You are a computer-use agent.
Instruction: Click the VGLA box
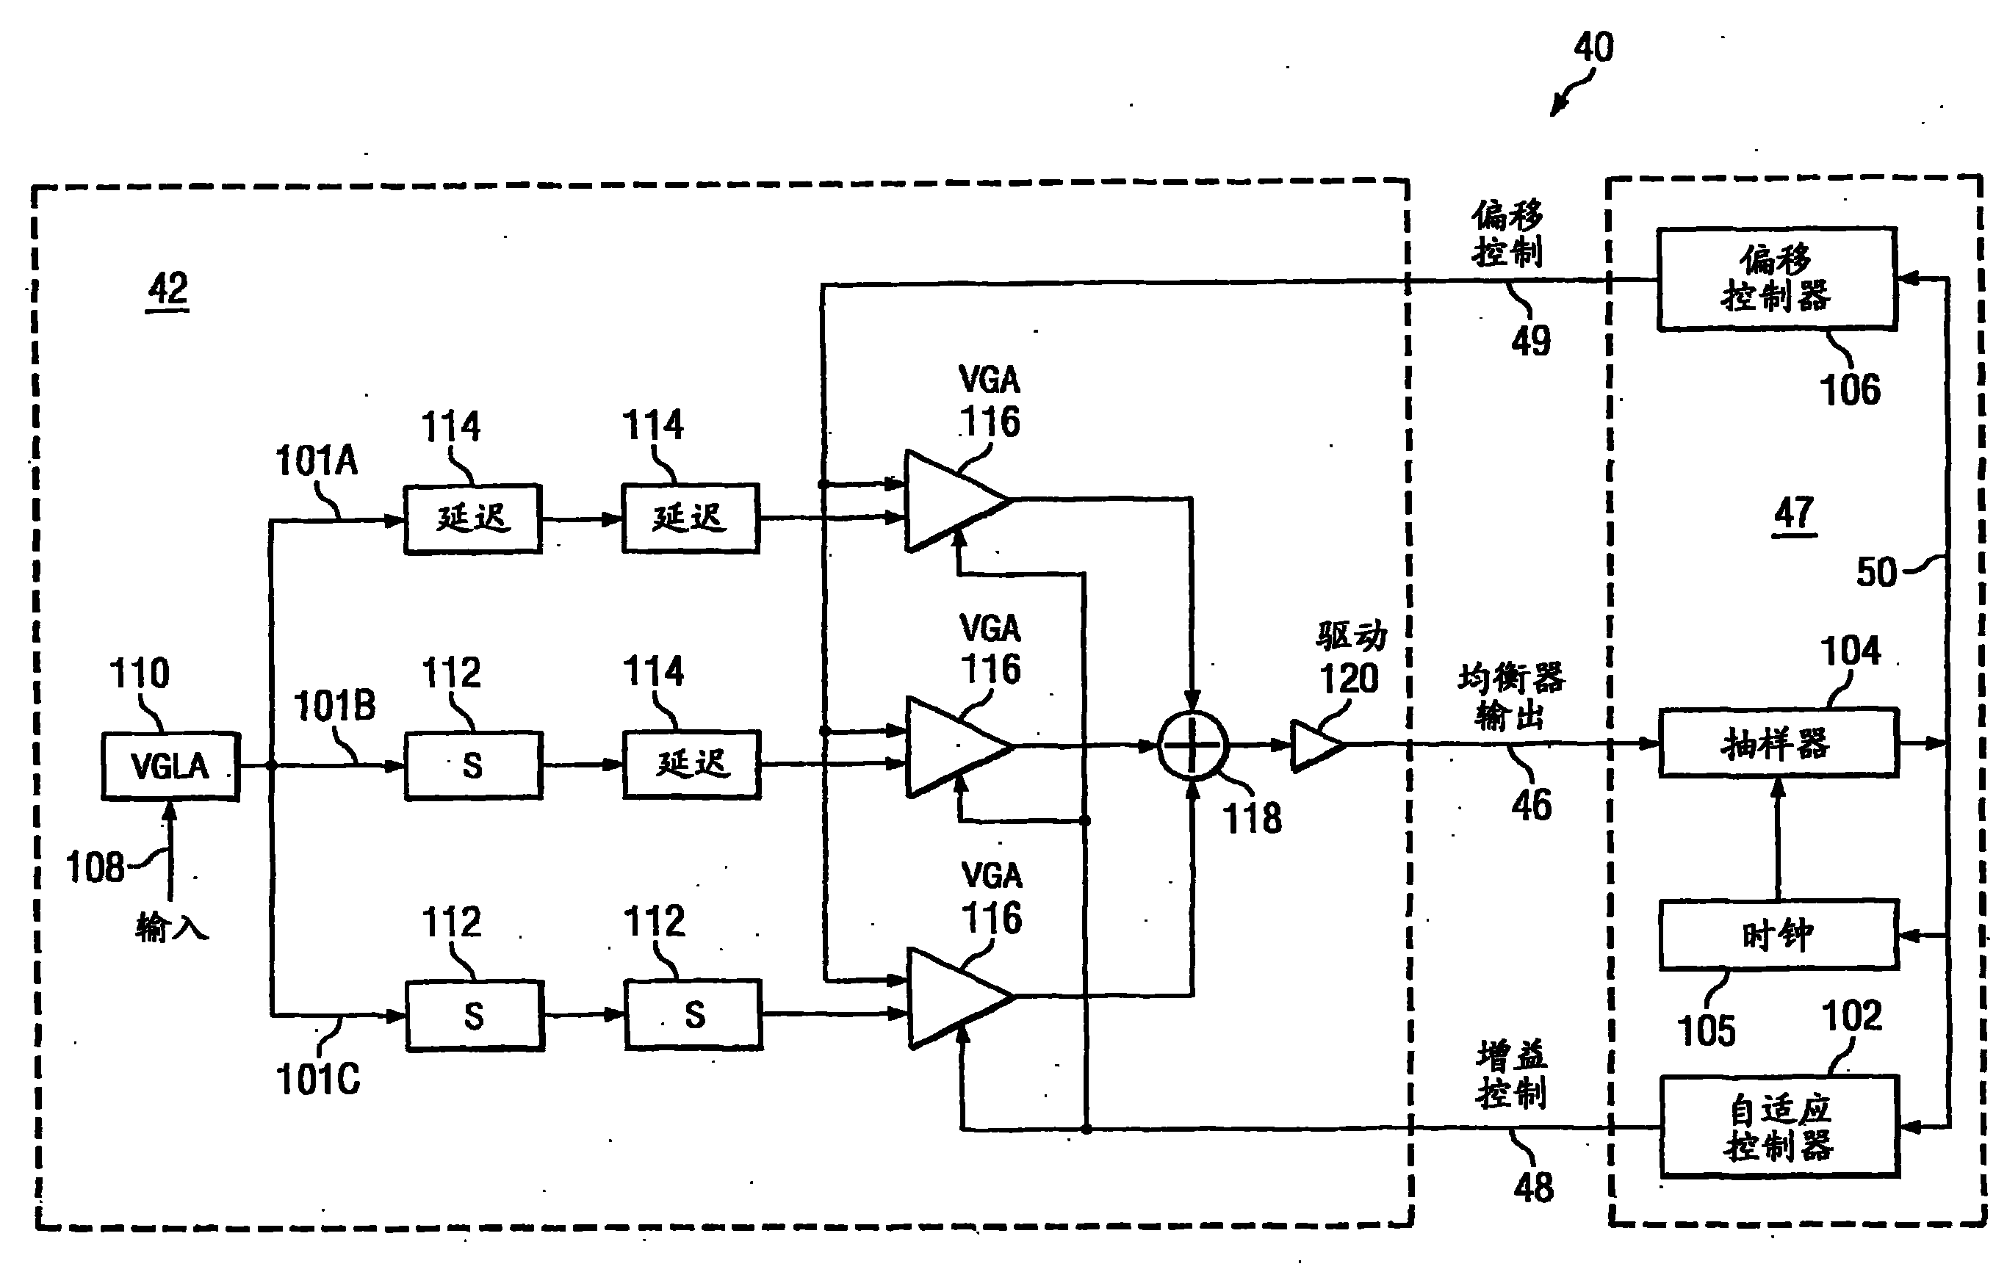click(171, 767)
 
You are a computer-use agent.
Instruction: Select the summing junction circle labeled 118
click(1193, 745)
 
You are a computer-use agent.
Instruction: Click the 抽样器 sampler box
click(1779, 743)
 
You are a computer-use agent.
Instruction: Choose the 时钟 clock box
click(1779, 935)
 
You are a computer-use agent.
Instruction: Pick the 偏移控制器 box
click(1777, 279)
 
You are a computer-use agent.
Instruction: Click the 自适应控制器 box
click(1780, 1127)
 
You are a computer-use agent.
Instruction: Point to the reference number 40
click(1593, 48)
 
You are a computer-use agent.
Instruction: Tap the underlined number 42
click(167, 290)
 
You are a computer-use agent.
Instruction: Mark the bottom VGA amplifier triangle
click(961, 997)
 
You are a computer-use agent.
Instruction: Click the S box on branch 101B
click(473, 765)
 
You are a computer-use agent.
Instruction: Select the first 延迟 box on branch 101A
click(472, 519)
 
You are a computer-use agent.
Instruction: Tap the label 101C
click(317, 1080)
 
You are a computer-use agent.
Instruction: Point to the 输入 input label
click(172, 926)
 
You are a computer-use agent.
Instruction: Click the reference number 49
click(1531, 341)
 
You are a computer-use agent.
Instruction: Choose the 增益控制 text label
click(1512, 1074)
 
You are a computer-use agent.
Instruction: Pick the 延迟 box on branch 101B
click(692, 765)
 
